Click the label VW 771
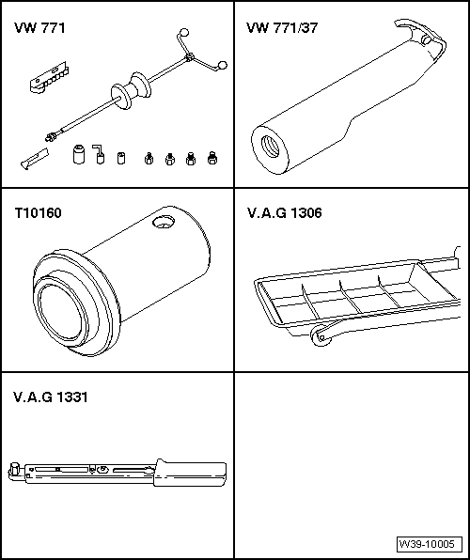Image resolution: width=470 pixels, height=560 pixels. pos(39,29)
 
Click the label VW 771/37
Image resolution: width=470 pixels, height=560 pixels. pos(282,29)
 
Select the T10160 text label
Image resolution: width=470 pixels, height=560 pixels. pos(37,213)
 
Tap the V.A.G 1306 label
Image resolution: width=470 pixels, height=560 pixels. pos(285,213)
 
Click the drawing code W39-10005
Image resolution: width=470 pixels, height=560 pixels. pos(429,544)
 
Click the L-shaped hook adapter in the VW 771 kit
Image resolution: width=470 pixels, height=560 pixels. pos(97,152)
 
